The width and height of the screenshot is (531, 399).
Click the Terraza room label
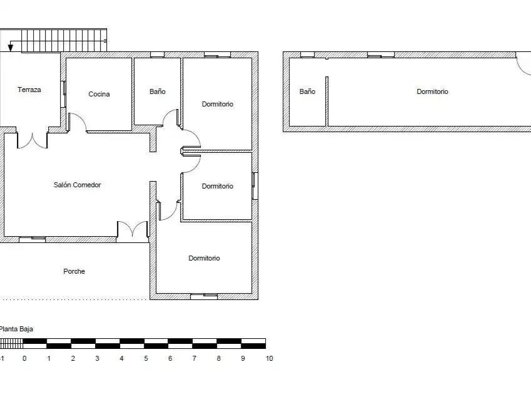point(29,90)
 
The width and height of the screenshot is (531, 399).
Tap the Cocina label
point(99,94)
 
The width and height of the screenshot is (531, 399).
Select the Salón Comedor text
point(77,185)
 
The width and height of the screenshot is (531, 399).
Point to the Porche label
point(74,271)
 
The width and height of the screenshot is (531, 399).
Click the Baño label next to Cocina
point(158,91)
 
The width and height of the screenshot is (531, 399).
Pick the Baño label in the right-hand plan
point(307,91)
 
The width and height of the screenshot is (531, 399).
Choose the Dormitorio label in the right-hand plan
point(432,91)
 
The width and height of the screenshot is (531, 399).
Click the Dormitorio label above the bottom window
point(204,258)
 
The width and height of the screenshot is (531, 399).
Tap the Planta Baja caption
point(16,329)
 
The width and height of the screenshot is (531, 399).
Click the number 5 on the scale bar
point(146,358)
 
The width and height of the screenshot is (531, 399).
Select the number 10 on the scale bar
point(269,358)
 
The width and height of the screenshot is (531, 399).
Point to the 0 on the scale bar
point(24,358)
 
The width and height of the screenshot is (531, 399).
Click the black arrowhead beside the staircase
point(11,48)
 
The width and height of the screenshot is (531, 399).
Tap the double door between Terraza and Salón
point(32,140)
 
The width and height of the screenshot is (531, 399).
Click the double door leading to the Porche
point(133,229)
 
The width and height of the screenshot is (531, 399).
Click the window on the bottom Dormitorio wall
point(204,296)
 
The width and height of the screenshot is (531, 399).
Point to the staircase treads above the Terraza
point(64,41)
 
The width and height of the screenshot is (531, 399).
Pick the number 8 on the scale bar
point(219,358)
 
